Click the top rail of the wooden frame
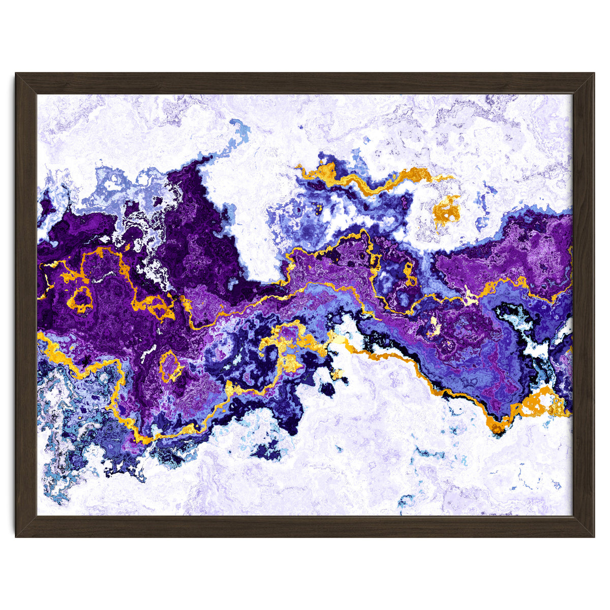tap(305, 83)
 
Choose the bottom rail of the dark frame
tap(305, 527)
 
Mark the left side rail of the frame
tap(26, 305)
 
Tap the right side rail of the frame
tap(584, 305)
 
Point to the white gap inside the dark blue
tap(529, 330)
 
